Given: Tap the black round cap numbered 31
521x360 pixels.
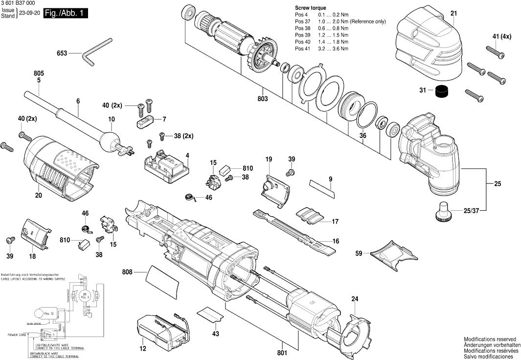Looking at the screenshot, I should point(442,91).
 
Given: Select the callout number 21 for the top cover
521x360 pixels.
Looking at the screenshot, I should point(453,13).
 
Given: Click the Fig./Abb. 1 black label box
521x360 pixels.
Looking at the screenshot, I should point(65,14).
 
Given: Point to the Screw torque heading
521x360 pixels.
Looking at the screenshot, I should point(310,8).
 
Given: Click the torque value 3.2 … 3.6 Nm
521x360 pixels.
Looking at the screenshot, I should point(333,48).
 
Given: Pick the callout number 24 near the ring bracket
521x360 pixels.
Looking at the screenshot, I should point(354,299).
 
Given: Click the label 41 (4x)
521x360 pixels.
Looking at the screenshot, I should point(501,37).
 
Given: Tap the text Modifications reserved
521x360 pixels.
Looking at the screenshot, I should point(490,339).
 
